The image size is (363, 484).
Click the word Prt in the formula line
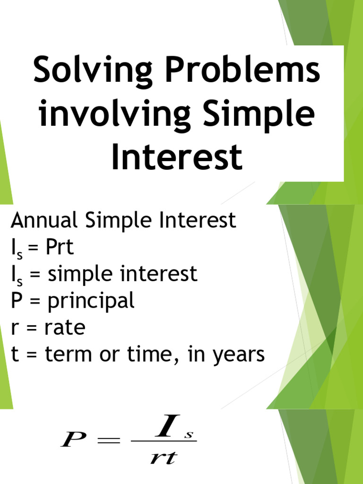coord(60,247)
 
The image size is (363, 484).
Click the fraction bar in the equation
coord(163,442)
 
